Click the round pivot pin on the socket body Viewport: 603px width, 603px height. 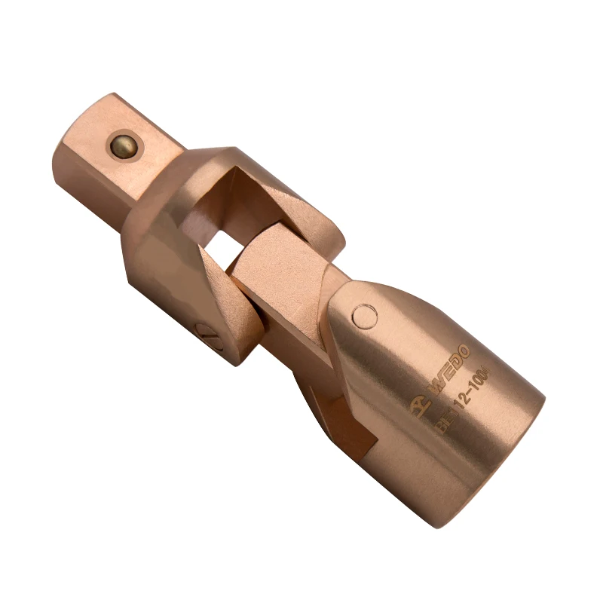[x=366, y=316]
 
